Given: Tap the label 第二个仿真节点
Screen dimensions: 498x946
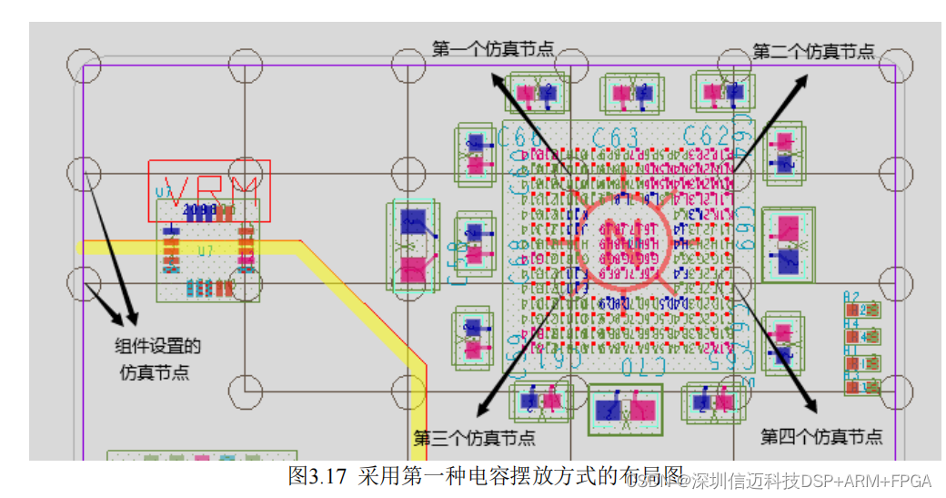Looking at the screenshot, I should point(813,51).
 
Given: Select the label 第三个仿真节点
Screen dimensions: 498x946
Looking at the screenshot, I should point(474,438).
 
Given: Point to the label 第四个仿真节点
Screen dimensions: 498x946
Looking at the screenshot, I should point(820,437).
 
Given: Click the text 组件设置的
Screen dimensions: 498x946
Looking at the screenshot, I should point(157,346).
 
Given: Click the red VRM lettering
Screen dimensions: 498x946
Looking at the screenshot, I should point(209,188).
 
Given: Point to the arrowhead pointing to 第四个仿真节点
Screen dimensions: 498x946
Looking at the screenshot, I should point(811,407).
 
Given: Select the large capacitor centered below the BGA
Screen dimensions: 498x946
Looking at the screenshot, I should point(626,410).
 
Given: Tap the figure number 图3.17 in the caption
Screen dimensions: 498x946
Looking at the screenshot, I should point(317,475).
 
